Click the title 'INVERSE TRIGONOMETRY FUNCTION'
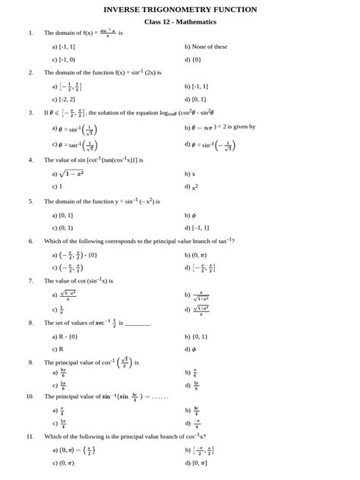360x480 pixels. coord(180,9)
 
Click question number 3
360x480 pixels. coord(30,112)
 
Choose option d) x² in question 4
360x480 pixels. coord(191,186)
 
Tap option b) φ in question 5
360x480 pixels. coord(191,214)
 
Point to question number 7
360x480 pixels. coord(30,280)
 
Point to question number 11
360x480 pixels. coord(30,437)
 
